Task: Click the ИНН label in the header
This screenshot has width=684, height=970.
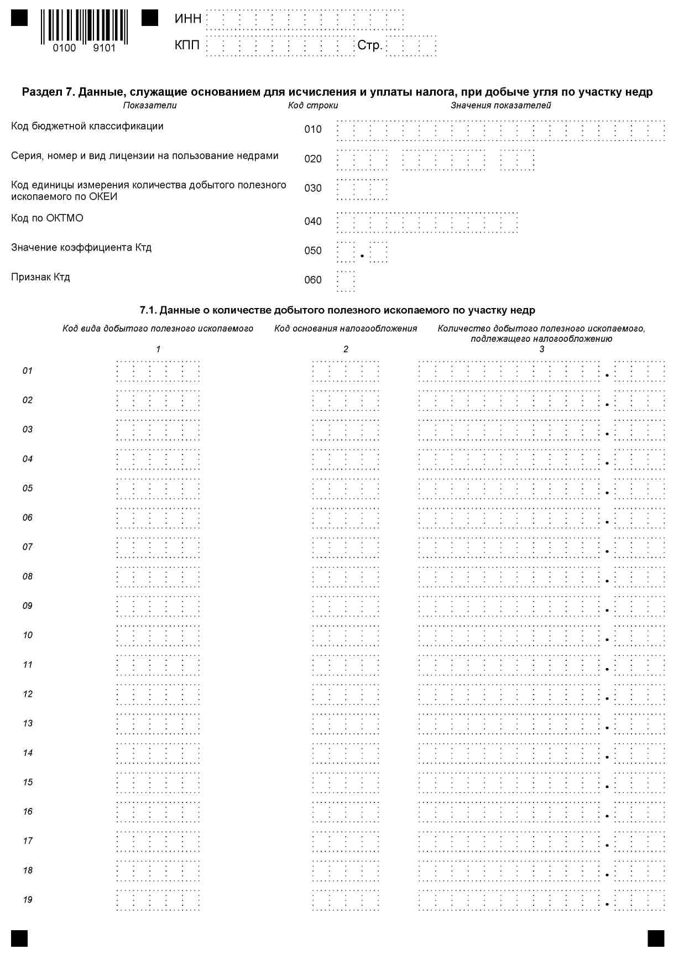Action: [187, 19]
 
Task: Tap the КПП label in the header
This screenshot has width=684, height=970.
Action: [187, 45]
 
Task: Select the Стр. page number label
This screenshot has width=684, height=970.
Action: [369, 45]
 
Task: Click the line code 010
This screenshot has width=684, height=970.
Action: [313, 129]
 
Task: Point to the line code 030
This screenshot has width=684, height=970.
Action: [313, 189]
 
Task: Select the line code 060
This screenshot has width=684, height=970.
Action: [313, 280]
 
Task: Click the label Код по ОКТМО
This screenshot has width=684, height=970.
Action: [47, 218]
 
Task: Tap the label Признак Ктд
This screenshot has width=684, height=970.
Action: [40, 277]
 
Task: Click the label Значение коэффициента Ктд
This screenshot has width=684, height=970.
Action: [81, 247]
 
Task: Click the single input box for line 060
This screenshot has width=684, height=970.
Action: [346, 280]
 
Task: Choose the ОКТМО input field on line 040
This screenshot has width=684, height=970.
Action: [427, 222]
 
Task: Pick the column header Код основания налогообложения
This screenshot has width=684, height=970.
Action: [346, 328]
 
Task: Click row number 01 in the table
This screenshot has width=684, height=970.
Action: [28, 371]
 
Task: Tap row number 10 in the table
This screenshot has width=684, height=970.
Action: [28, 635]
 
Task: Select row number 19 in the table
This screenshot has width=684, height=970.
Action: [28, 900]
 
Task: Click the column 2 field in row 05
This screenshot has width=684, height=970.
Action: [346, 488]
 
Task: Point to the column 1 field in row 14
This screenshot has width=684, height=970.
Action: [158, 753]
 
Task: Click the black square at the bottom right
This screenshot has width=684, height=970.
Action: [656, 938]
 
